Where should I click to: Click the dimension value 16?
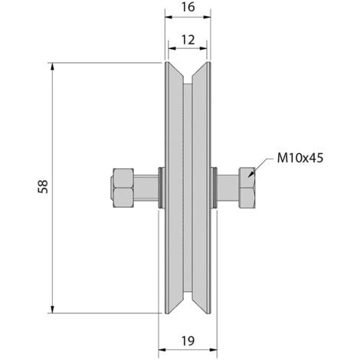(187, 9)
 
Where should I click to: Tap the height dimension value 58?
(42, 186)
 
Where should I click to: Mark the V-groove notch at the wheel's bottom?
(187, 303)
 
